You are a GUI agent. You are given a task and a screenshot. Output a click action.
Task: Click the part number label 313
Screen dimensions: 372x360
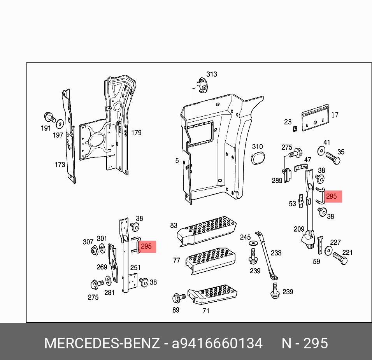coord(211,74)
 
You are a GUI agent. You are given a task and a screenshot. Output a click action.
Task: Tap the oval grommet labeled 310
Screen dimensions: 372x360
coord(257,158)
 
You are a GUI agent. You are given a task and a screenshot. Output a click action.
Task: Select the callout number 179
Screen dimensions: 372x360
coord(136,133)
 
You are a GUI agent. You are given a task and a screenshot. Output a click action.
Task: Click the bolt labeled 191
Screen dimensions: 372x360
coord(49,117)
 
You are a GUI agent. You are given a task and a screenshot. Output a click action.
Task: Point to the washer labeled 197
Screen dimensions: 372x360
coord(60,124)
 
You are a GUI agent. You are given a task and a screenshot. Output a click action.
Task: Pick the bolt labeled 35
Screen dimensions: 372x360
coord(332,159)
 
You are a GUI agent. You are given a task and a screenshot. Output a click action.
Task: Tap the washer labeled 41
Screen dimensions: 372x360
coord(321,150)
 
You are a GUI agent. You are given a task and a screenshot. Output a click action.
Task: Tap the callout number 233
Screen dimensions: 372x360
coord(276,253)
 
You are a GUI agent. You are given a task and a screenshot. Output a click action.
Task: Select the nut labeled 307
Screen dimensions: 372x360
coord(94,251)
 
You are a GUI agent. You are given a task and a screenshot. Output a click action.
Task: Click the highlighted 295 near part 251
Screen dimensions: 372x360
coord(146,246)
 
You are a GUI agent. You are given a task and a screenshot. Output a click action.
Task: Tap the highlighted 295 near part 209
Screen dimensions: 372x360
coord(331,196)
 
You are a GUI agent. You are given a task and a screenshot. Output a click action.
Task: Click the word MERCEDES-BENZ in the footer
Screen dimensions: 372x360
coord(102,343)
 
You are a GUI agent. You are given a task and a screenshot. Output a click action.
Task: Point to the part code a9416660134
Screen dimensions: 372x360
coord(217,343)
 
